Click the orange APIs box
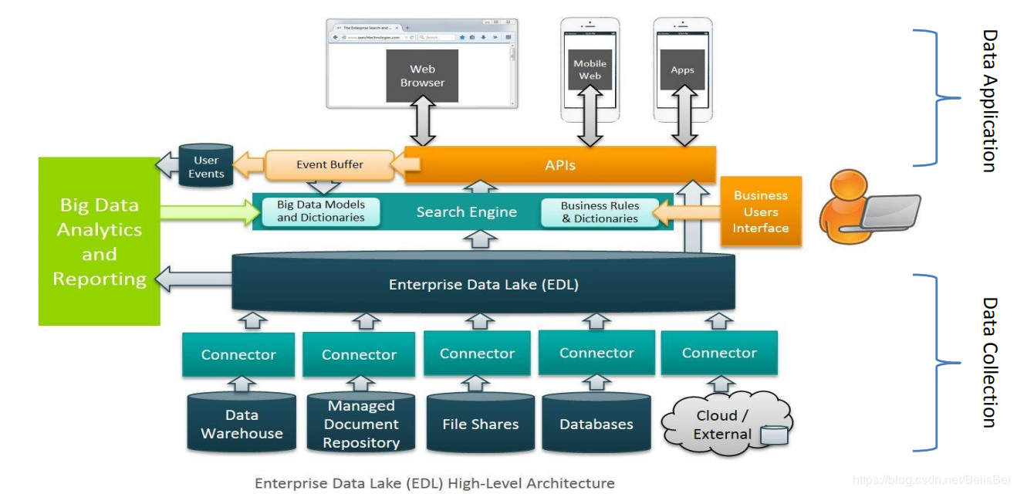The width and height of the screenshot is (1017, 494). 560,165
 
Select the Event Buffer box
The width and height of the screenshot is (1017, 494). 329,164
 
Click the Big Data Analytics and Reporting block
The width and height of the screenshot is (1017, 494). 100,242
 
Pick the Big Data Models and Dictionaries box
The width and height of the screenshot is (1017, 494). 321,211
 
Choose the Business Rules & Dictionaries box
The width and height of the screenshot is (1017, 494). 600,212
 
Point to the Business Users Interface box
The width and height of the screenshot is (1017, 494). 760,211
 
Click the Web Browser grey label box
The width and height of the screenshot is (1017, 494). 422,76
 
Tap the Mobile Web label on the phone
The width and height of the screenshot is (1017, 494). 590,69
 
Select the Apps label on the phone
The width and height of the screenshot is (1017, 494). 682,69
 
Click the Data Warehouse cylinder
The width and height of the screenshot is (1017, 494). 242,423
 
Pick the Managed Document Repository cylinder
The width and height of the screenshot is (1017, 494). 361,423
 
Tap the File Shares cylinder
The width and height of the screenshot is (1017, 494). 480,423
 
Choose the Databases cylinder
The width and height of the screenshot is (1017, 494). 596,423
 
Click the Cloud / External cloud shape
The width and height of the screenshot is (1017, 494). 722,424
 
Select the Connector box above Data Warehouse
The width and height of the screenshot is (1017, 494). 238,355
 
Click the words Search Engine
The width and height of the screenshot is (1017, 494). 466,212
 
